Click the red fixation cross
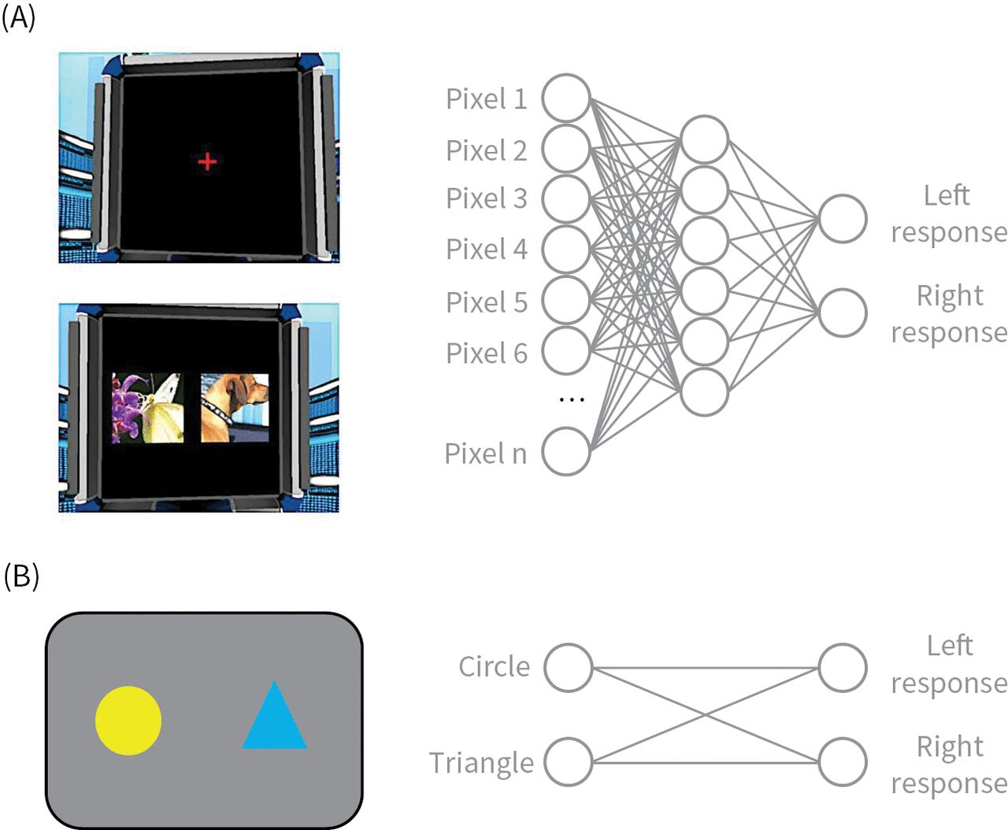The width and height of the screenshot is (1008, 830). coord(207,162)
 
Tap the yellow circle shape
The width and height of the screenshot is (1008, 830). coord(128,721)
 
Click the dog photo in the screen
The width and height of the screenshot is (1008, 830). coord(235,408)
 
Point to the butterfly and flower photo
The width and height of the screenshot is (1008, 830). coord(147,408)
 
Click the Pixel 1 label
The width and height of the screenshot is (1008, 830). coord(486,99)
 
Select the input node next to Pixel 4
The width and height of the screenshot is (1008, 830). coord(567,250)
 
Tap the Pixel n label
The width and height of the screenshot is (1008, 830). coord(485,454)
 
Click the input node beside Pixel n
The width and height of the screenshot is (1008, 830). coord(567,451)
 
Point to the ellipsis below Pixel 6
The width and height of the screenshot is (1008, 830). coord(571,400)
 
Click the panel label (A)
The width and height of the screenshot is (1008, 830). coord(19,18)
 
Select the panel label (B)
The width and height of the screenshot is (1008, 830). coord(20,576)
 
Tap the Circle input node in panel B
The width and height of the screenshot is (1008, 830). coord(568,667)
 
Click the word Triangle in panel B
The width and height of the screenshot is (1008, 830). coord(481,762)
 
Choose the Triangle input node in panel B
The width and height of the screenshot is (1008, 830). coord(568,761)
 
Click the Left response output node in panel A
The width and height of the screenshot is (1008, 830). coord(843,218)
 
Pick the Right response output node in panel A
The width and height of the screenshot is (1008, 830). coord(843,313)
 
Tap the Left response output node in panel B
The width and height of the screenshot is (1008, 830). coord(843,667)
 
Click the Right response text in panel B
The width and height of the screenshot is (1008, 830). coord(949,764)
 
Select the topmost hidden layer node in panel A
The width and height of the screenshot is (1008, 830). coord(704,140)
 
